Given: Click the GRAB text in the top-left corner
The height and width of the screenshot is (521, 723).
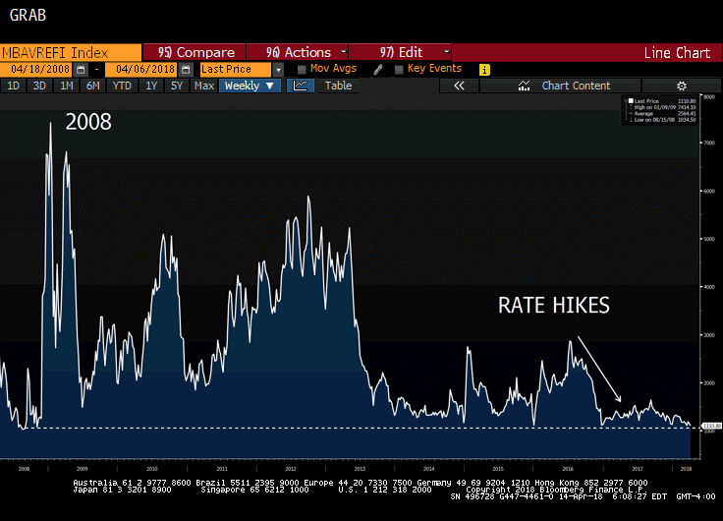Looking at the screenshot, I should coord(26,16).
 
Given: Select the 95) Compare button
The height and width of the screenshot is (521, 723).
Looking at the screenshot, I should coord(196,52).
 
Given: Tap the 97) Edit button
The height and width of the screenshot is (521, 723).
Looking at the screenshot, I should coord(402,52).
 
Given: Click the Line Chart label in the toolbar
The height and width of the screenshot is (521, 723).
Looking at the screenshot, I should coord(677,53).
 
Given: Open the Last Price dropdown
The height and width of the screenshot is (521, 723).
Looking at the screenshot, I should coord(241,70).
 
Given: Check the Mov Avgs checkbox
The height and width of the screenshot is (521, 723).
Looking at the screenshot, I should coord(302,70).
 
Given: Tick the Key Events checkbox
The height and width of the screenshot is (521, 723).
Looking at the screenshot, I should coord(399,70).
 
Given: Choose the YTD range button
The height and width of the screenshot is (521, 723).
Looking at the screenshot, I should coord(122,87).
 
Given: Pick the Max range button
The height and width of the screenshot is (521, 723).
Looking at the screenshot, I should coord(204,87).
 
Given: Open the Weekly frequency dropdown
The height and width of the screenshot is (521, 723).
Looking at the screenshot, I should coord(250,87).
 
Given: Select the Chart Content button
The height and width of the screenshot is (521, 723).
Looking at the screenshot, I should coord(576,87).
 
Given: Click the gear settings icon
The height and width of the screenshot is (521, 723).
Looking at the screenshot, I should coord(681,87).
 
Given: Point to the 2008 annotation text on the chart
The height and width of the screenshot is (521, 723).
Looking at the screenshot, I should coord(88,123).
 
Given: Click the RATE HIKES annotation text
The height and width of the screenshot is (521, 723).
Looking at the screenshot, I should coord(553,306).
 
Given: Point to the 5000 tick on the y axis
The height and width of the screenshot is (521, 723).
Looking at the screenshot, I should coord(708,239).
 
